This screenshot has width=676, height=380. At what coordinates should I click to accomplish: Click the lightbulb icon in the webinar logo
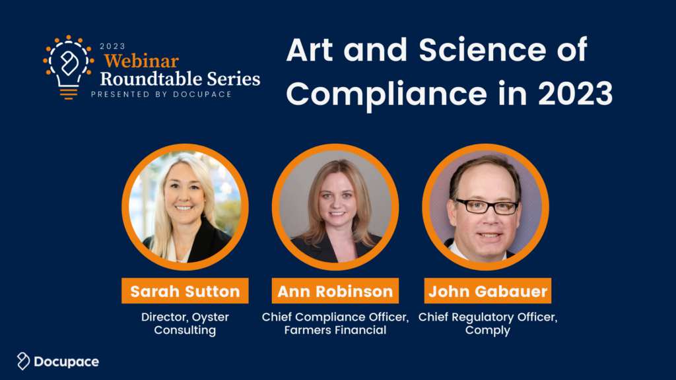coord(69,67)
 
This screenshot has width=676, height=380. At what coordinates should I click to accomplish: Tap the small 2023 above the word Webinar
coord(112,46)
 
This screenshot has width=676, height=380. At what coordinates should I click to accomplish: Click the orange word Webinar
coord(141,61)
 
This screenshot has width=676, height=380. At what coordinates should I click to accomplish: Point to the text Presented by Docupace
coord(161,94)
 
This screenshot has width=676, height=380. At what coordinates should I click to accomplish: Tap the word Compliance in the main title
coord(387,94)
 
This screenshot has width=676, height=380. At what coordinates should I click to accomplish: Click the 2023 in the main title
coord(575,94)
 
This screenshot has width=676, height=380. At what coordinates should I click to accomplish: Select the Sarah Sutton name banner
coord(185,291)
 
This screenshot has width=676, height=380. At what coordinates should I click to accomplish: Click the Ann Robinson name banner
coord(335,291)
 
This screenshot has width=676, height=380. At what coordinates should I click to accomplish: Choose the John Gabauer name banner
coord(488,291)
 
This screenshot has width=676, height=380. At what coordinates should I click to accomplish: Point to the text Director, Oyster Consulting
coord(185,323)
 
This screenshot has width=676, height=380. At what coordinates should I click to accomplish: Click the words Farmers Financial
coord(335,330)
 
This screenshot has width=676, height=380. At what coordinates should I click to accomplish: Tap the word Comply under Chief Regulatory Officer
coord(488,331)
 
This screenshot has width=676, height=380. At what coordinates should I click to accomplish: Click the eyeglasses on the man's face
coord(487,206)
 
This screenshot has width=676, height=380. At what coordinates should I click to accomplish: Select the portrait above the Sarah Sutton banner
coord(185,206)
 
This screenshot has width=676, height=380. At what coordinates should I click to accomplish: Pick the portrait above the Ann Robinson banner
coord(335,206)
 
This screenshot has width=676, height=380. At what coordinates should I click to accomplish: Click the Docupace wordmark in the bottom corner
coord(67,362)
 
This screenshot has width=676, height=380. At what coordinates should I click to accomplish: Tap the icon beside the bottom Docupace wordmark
coord(23,361)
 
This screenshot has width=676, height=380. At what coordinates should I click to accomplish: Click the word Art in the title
coord(309,50)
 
